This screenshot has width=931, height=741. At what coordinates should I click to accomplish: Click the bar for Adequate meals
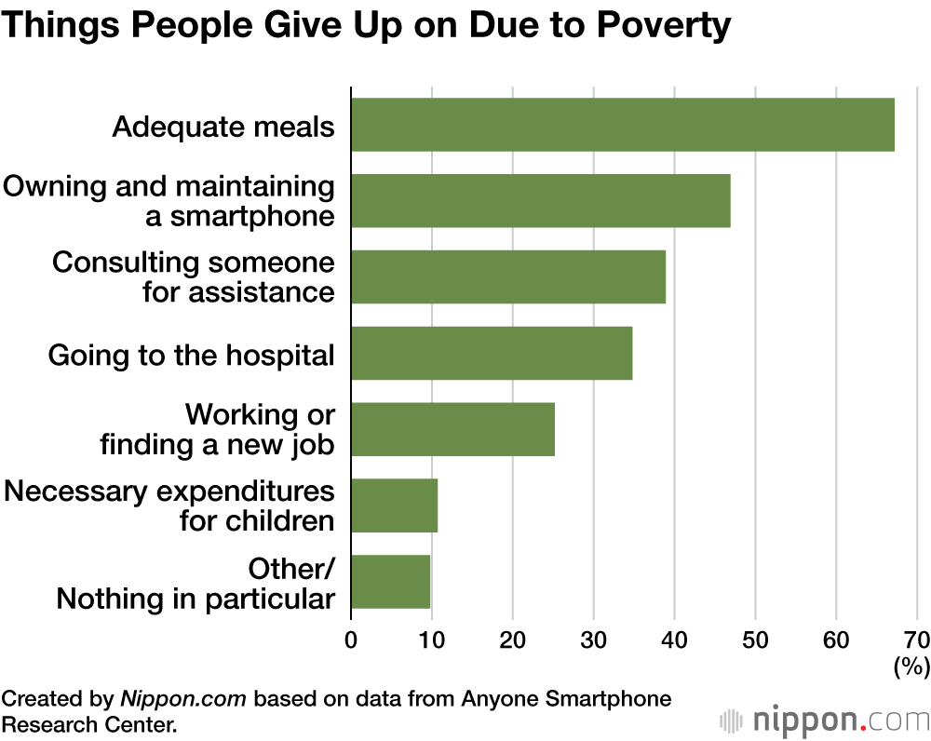tap(622, 125)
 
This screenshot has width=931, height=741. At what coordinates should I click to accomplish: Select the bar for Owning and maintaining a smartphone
tap(540, 201)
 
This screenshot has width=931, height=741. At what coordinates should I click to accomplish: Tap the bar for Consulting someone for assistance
tap(508, 276)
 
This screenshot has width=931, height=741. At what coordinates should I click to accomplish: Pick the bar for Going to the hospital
tap(492, 353)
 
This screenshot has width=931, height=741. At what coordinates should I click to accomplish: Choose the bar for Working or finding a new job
tap(452, 429)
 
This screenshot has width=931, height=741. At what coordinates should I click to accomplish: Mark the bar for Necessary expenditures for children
tap(394, 505)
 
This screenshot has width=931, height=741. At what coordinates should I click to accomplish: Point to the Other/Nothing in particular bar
tap(390, 582)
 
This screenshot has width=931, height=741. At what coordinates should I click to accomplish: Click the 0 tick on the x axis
tap(351, 640)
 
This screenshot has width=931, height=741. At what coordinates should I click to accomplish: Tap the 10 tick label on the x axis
tap(431, 640)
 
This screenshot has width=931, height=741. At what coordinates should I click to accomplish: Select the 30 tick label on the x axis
tap(593, 640)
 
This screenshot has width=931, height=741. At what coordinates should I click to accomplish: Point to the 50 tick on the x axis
tap(755, 640)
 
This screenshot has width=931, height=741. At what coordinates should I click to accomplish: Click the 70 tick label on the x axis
tap(916, 640)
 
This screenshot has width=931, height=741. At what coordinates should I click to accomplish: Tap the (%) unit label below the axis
tap(911, 667)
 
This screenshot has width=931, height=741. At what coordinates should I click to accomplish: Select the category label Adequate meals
tap(223, 126)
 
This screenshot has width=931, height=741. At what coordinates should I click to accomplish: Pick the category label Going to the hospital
tap(191, 355)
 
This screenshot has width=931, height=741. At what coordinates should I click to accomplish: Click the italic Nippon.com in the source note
tap(184, 699)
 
